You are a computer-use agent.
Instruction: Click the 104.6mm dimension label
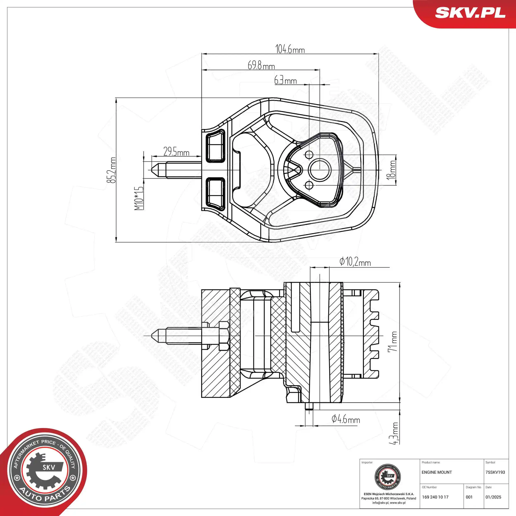tap(290, 49)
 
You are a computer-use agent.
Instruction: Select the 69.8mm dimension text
tap(261, 65)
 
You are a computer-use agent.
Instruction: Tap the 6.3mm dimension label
tap(285, 80)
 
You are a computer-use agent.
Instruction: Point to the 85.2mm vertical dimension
tap(112, 170)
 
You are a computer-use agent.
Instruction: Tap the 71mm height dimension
tap(393, 342)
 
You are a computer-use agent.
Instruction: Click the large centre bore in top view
tap(320, 170)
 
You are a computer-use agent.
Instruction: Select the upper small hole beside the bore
tap(309, 154)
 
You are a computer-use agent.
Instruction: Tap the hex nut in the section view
tap(224, 336)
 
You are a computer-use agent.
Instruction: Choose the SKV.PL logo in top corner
tap(470, 13)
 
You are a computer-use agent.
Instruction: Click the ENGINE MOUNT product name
tap(437, 472)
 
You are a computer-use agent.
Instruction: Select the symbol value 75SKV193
tap(495, 472)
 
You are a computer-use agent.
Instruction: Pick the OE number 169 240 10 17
tap(435, 497)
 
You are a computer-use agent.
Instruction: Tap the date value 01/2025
tap(493, 497)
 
